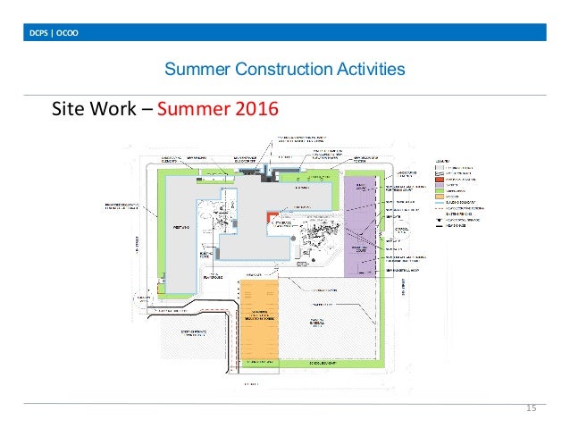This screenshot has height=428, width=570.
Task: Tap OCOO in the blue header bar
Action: (x=65, y=34)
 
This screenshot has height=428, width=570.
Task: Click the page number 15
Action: (x=530, y=408)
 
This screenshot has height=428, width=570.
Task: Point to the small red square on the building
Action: (x=269, y=218)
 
